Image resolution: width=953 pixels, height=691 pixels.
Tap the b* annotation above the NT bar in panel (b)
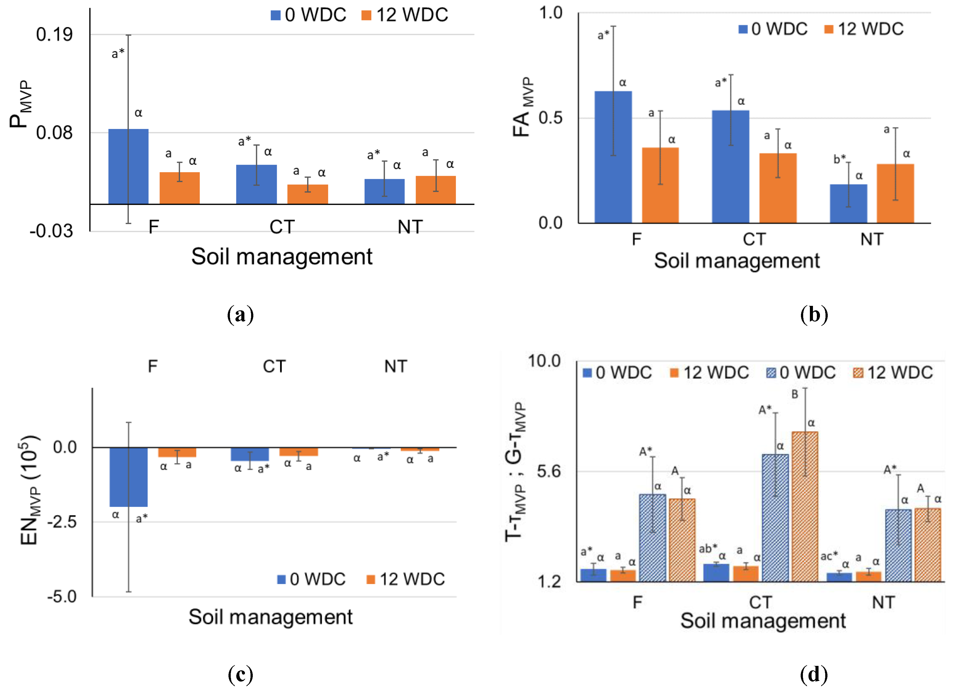click(839, 159)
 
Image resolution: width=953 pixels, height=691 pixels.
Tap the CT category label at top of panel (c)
click(274, 366)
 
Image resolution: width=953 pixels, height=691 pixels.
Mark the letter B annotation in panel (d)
click(795, 394)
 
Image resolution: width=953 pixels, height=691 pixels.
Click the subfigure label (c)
click(240, 674)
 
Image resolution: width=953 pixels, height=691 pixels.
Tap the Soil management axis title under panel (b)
click(737, 261)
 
